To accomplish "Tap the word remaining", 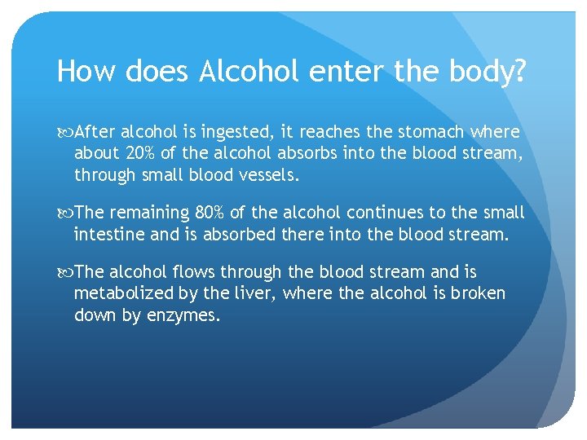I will [150, 213].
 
